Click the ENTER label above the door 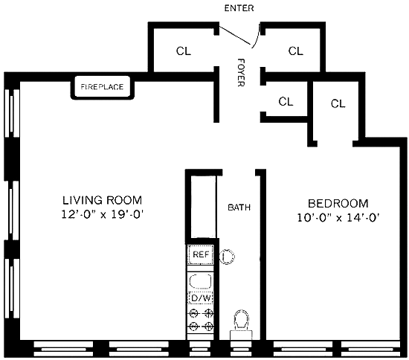click(239, 8)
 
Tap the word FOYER click(241, 72)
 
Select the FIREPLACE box click(103, 87)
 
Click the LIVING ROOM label click(103, 200)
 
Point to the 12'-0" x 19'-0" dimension click(103, 215)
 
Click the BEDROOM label click(338, 204)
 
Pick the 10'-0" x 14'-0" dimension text click(338, 218)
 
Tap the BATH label click(239, 208)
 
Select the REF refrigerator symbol click(201, 254)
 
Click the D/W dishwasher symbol click(201, 298)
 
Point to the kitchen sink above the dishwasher click(200, 281)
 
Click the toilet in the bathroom click(241, 324)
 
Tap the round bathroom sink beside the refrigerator click(227, 257)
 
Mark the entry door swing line click(235, 35)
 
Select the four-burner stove click(201, 320)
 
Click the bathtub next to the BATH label click(204, 207)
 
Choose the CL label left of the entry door click(184, 51)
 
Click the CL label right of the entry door click(296, 51)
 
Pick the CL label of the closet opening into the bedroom click(338, 104)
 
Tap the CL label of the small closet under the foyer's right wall click(286, 101)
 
